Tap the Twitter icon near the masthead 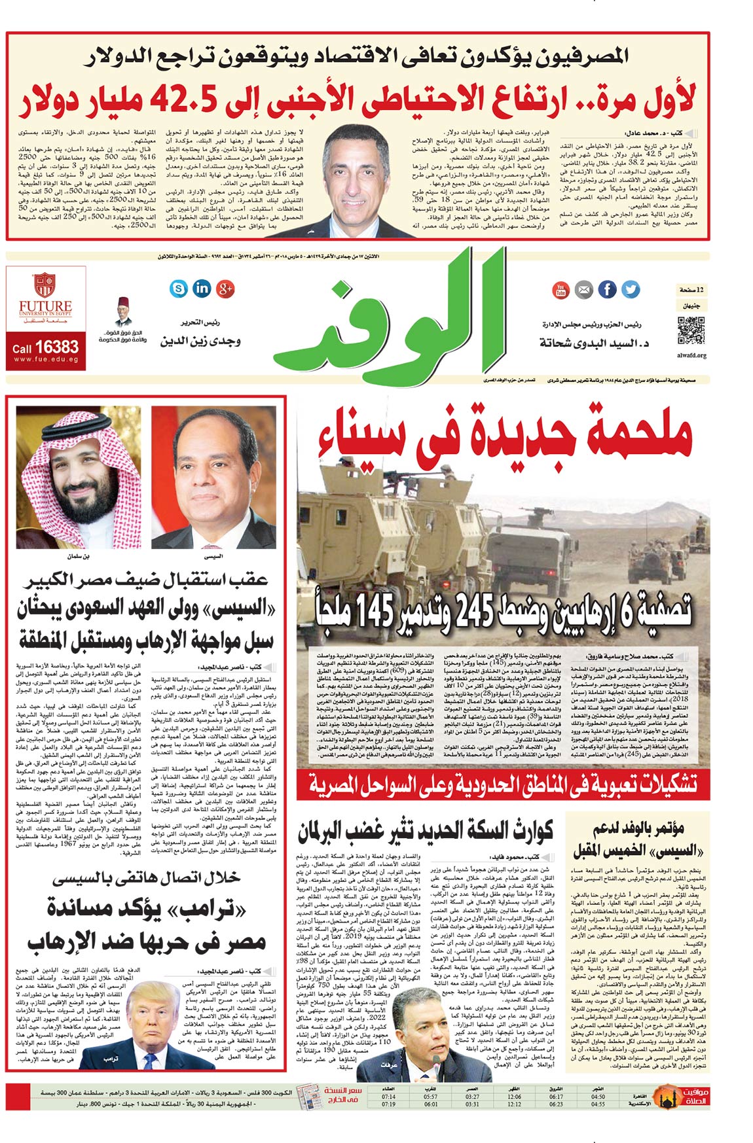(630, 289)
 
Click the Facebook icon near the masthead (607, 289)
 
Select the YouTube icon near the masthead (561, 289)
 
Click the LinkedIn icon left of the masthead (202, 287)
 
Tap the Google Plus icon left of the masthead (225, 287)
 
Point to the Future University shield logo (45, 286)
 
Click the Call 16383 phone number (46, 347)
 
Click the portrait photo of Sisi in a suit (213, 478)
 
